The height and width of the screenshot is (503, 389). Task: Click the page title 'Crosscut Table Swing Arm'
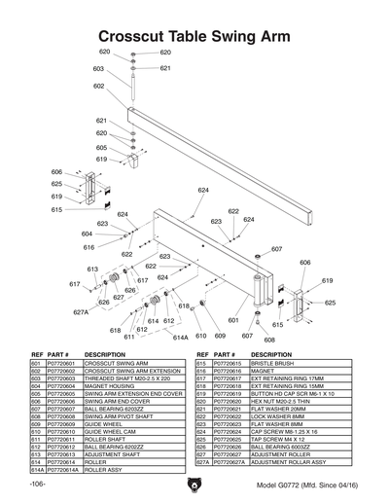pyautogui.click(x=194, y=34)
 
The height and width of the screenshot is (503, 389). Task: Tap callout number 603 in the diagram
pyautogui.click(x=99, y=69)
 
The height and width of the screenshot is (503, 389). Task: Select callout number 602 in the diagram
pyautogui.click(x=99, y=87)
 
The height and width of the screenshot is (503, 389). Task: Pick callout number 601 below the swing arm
pyautogui.click(x=233, y=319)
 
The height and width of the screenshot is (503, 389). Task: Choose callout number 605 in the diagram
pyautogui.click(x=102, y=147)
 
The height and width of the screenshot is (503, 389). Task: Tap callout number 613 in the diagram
pyautogui.click(x=93, y=269)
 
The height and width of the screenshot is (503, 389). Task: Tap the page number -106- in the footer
pyautogui.click(x=36, y=484)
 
